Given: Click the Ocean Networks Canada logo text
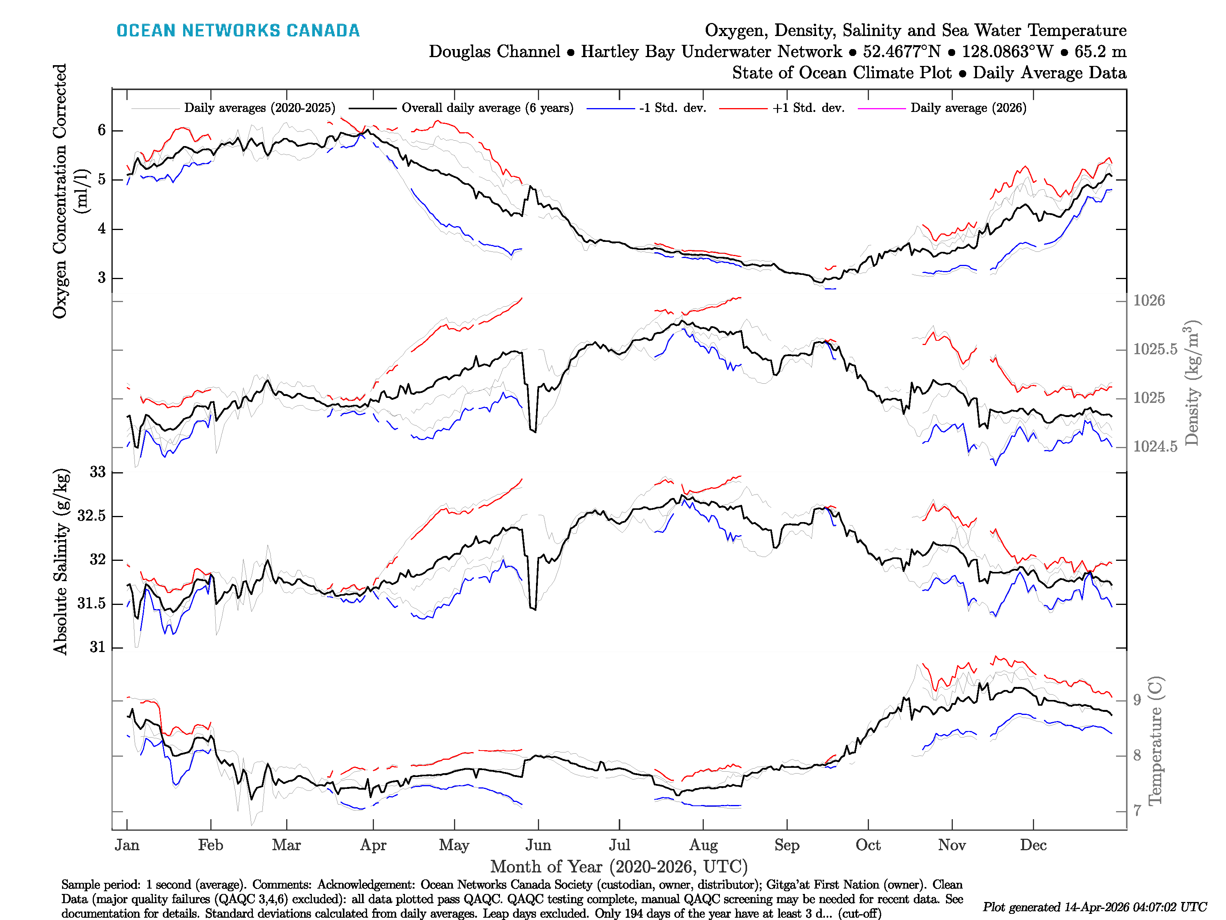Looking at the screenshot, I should coord(238,31).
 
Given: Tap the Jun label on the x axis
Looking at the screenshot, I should coord(538,845).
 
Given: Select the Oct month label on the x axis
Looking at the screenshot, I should coord(868,845).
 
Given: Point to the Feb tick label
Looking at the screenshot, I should coord(211,845).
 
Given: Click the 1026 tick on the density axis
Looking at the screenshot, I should coord(1149,301).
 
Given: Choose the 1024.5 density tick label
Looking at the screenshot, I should coord(1155,447).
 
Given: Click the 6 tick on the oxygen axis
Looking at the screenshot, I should coord(102,130).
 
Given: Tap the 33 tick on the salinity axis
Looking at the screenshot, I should coord(98,472).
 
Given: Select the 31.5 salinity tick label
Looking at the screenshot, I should coord(92,603).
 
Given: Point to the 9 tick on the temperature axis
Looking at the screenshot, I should coord(1137,700).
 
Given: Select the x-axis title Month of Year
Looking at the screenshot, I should coord(618,867).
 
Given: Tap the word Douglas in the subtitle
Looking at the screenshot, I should coord(494,52).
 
